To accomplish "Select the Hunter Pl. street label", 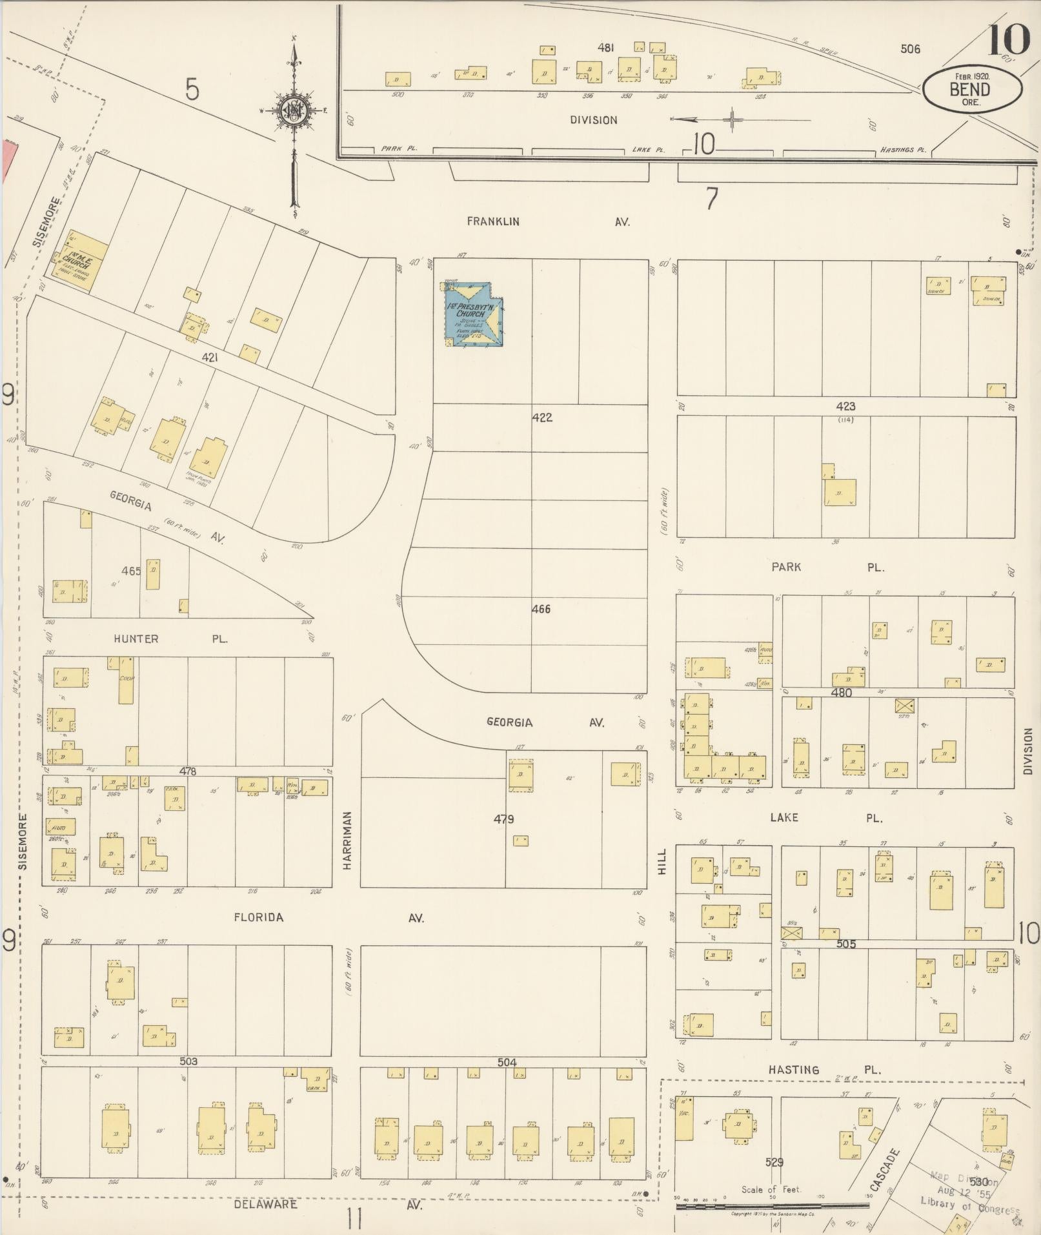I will tap(170, 638).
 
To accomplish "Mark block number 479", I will tap(503, 819).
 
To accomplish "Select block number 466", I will tap(541, 609).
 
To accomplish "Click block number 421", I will tap(209, 356).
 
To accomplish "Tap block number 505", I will tap(845, 944).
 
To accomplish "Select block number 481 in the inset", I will tap(605, 47).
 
